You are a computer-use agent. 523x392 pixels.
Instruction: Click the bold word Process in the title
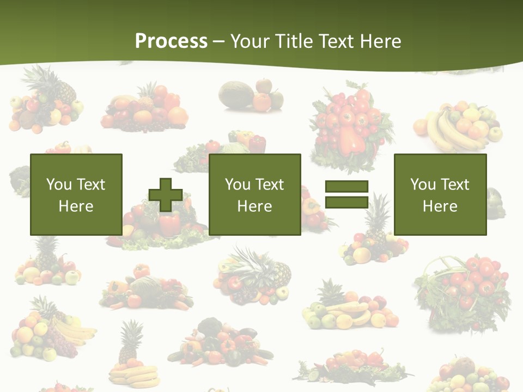tap(171, 41)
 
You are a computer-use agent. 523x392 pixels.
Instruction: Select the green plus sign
tap(166, 195)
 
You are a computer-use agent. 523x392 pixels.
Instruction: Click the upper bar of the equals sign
tap(346, 186)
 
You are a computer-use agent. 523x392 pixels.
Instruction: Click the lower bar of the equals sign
tap(346, 203)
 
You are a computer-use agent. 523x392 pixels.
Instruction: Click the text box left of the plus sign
tap(76, 194)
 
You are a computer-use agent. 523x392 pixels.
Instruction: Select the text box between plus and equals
tap(254, 194)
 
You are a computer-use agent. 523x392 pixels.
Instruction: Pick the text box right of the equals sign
tap(440, 194)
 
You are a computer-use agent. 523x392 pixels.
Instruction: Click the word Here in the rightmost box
tap(440, 206)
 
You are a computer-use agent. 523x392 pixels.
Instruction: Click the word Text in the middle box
tap(270, 185)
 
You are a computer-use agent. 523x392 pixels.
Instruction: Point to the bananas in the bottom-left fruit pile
tap(74, 329)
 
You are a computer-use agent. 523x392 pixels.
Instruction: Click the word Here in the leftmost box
tap(76, 206)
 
